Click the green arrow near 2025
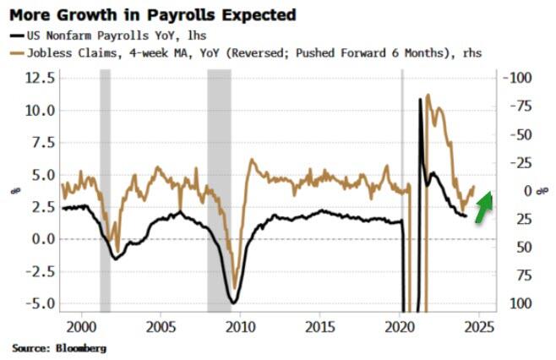[x=484, y=208]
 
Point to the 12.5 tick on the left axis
[x=38, y=78]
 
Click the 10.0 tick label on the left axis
[x=38, y=110]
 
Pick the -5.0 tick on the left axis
[x=38, y=303]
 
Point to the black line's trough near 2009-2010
[x=234, y=302]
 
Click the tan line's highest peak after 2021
[x=428, y=95]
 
